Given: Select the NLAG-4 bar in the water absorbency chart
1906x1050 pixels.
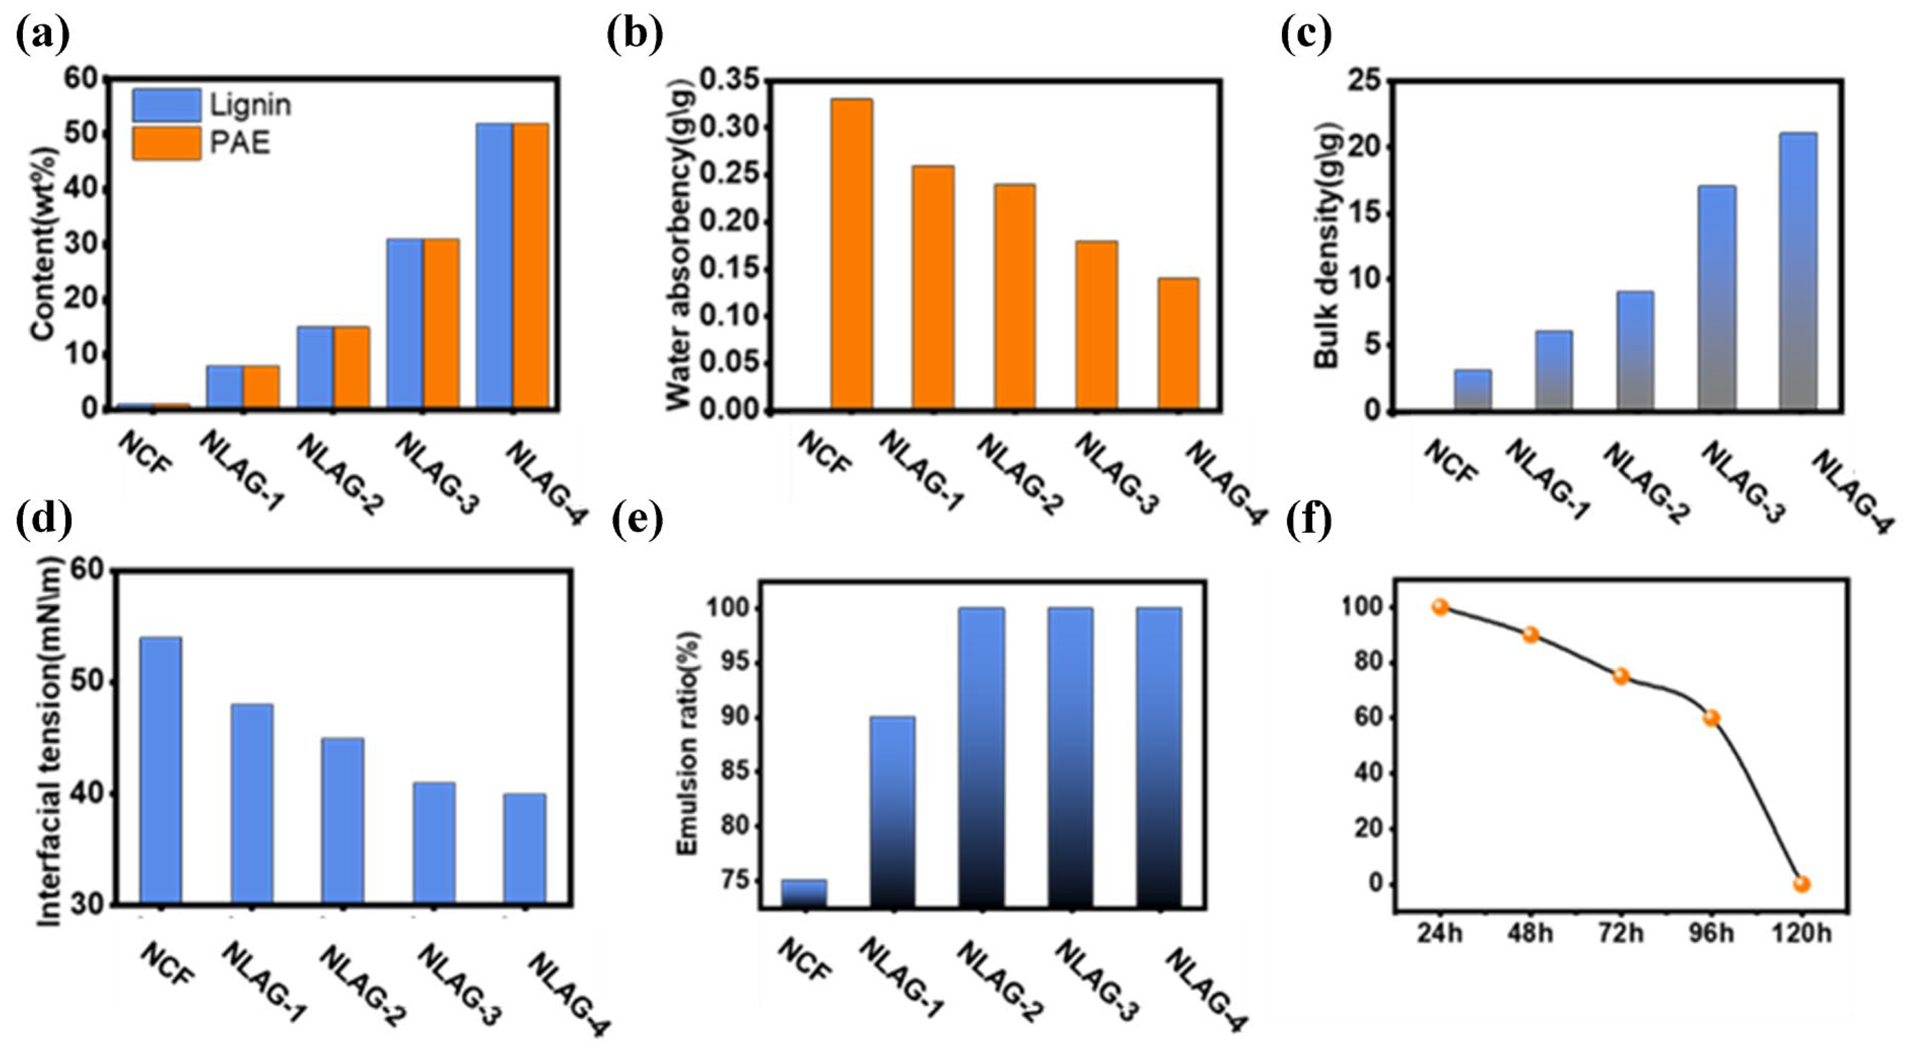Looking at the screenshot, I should coord(1178,344).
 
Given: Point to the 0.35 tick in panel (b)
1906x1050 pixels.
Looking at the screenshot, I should coord(729,80).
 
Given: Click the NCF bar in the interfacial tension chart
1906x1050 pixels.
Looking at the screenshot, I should coord(160,769).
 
